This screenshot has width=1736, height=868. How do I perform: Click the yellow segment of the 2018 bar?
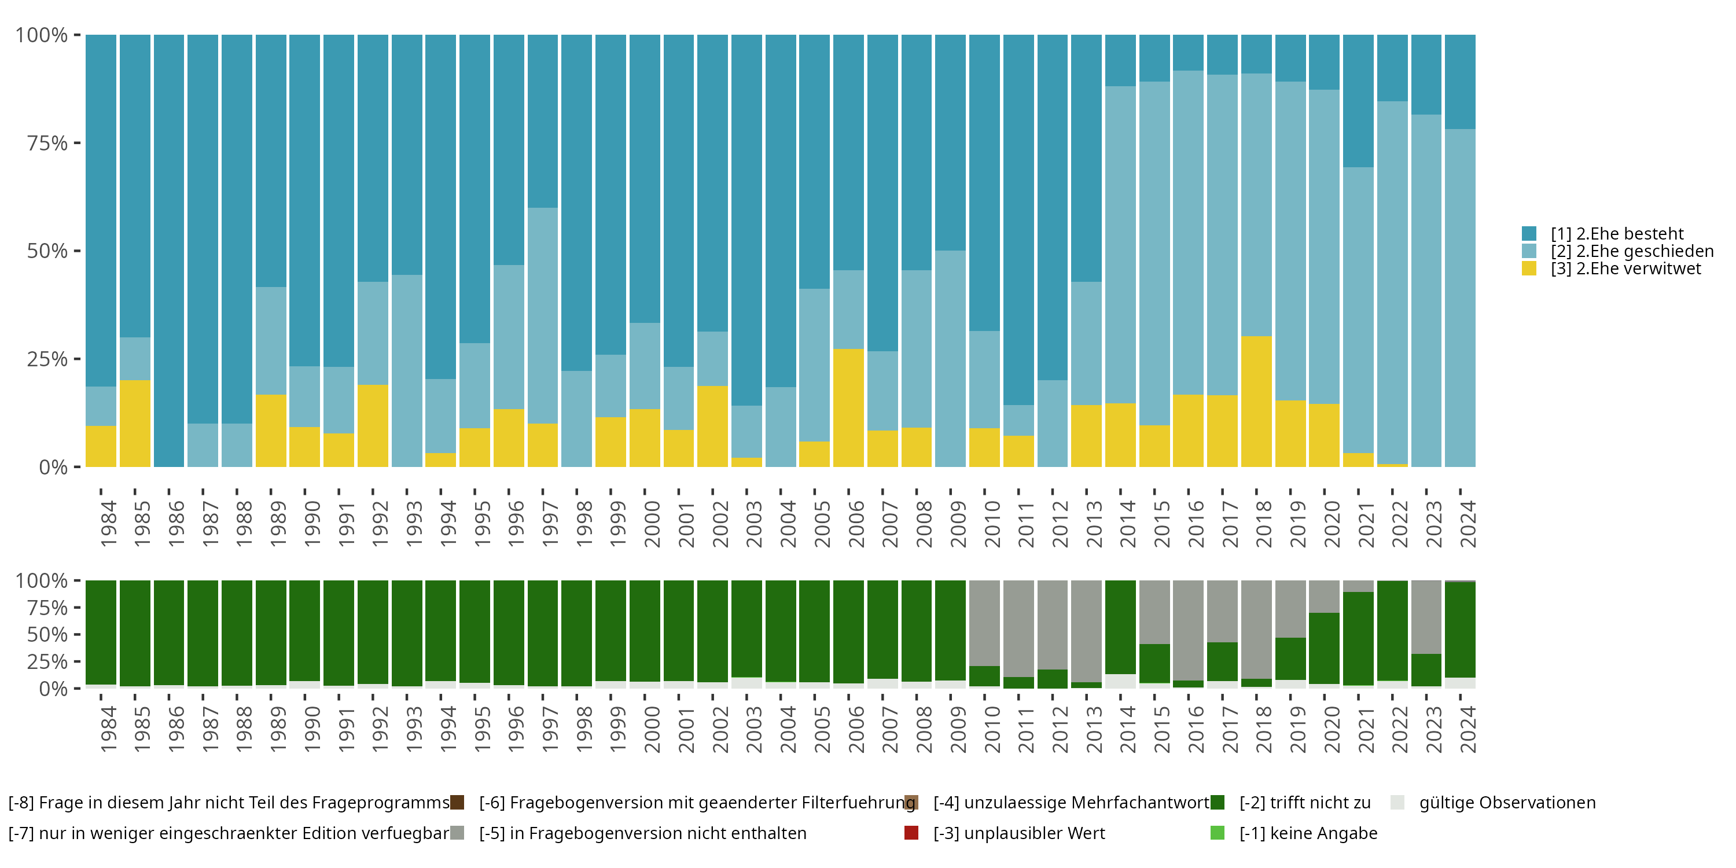pyautogui.click(x=1256, y=402)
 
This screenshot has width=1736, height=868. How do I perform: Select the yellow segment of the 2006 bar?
pyautogui.click(x=848, y=408)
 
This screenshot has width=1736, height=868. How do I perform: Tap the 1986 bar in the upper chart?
pyautogui.click(x=168, y=251)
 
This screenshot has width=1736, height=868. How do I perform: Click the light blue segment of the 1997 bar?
pyautogui.click(x=543, y=315)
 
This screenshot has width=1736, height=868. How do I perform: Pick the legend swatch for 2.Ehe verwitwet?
pyautogui.click(x=1529, y=269)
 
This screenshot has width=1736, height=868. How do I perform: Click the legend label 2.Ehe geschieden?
pyautogui.click(x=1631, y=251)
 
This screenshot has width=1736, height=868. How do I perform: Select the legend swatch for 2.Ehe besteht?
pyautogui.click(x=1529, y=234)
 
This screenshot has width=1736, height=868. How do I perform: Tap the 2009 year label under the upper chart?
pyautogui.click(x=958, y=524)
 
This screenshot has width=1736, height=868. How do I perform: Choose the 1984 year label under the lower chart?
pyautogui.click(x=108, y=729)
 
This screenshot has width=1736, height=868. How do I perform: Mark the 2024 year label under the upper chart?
pyautogui.click(x=1467, y=524)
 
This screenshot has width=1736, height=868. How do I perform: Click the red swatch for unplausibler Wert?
pyautogui.click(x=911, y=833)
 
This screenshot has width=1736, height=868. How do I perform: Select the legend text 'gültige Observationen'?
pyautogui.click(x=1507, y=803)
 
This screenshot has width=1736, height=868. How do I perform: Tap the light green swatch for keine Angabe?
pyautogui.click(x=1217, y=833)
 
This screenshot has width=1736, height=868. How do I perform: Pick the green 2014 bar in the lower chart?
pyautogui.click(x=1120, y=627)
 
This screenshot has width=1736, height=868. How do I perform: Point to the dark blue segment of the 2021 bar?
pyautogui.click(x=1358, y=101)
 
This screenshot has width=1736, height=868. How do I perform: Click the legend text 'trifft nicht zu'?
pyautogui.click(x=1305, y=803)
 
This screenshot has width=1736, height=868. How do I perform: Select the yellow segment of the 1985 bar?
pyautogui.click(x=135, y=423)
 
